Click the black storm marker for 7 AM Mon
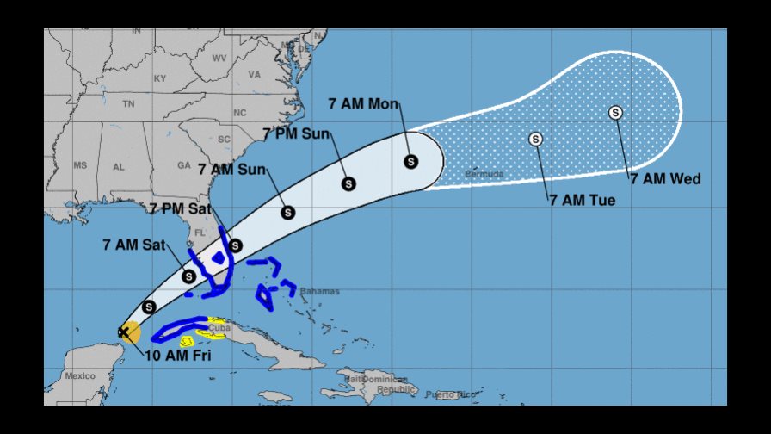coord(410,161)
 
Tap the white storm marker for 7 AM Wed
coord(615,112)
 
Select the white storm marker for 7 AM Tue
coord(536,138)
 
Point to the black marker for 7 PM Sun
coord(348,183)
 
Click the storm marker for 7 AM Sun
coord(288,212)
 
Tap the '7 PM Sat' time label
coord(179,208)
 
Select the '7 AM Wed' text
coord(665,179)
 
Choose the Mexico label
coord(80,375)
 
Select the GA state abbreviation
coord(183,165)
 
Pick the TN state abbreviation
coord(128,103)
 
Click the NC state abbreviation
coord(239,113)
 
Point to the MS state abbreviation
coord(80,165)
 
